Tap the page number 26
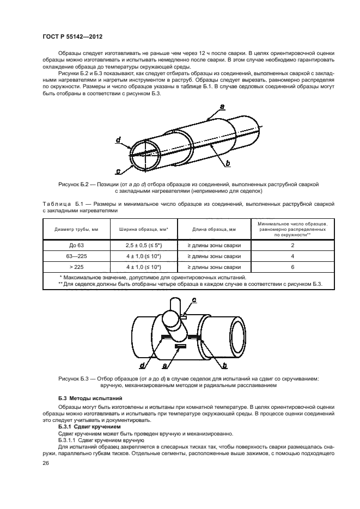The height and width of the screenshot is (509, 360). (46, 463)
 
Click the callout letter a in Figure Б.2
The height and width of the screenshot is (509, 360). (223, 107)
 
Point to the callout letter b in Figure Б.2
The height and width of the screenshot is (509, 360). (227, 163)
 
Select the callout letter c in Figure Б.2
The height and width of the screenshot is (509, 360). (118, 170)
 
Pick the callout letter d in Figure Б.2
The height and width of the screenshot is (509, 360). (118, 140)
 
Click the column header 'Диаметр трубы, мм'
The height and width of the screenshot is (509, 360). (76, 230)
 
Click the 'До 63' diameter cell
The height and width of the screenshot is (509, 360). (76, 246)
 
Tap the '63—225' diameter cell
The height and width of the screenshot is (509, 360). (76, 256)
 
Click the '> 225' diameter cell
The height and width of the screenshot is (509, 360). (76, 267)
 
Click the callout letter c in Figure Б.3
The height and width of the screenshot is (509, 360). (194, 300)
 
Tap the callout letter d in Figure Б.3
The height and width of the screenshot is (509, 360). (142, 366)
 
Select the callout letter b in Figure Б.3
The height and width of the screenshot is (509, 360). (225, 365)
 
